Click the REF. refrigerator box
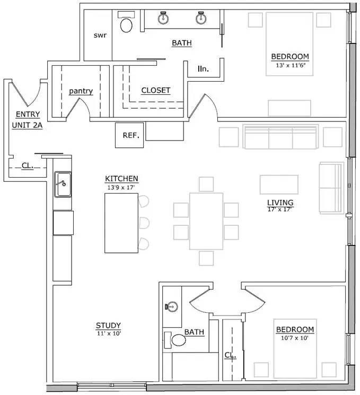tap(129, 135)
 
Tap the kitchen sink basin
tap(63, 184)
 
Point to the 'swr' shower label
tap(100, 36)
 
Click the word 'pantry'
tap(81, 91)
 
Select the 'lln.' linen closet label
tap(203, 68)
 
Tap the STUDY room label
tap(108, 325)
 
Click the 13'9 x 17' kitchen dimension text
tap(121, 187)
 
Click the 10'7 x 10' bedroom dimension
tap(294, 338)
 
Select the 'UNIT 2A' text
tap(27, 125)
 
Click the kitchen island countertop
tap(121, 223)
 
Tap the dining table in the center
tap(206, 221)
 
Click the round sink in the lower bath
tap(172, 306)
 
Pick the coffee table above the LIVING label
tap(279, 185)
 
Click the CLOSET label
tap(156, 90)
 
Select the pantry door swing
tap(78, 108)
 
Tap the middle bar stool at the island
tap(144, 223)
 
